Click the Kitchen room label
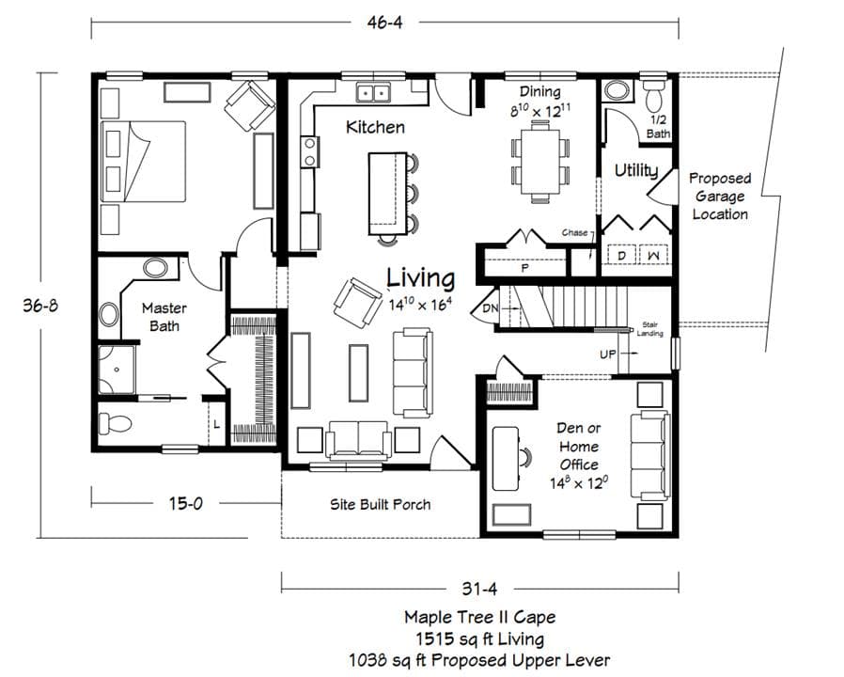375,127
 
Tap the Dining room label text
540,92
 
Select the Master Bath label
164,317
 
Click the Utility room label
635,170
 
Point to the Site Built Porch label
380,505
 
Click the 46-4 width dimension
384,24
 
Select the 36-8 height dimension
42,306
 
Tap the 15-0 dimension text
185,503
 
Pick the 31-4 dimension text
479,590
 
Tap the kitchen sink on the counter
377,92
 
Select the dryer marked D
620,256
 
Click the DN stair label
490,307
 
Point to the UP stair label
608,354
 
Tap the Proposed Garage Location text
720,196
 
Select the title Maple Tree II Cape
479,618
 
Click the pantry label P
525,268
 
